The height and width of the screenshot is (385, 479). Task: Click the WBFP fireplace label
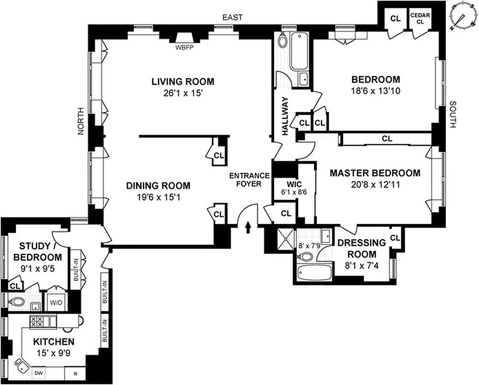[x=184, y=48]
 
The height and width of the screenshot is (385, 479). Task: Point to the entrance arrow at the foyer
[x=248, y=227]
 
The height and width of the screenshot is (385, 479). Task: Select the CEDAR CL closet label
[x=419, y=18]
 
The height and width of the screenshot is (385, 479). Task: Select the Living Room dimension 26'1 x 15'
[x=183, y=93]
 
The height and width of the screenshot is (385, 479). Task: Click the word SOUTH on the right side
[x=452, y=115]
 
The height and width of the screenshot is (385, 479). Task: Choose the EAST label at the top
[x=232, y=18]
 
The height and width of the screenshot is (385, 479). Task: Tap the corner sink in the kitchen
[x=21, y=365]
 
